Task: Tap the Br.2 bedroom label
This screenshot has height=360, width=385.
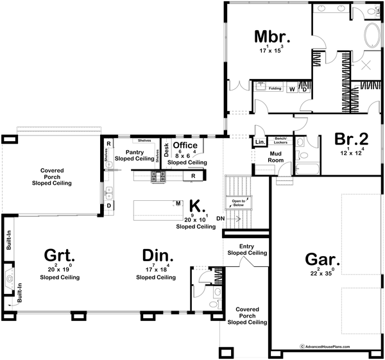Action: pos(352,139)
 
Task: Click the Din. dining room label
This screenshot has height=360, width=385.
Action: pos(155,254)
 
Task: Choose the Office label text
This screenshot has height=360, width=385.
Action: pos(185,146)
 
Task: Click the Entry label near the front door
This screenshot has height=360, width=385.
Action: pos(246,246)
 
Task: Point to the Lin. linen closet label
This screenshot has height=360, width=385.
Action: pos(260,141)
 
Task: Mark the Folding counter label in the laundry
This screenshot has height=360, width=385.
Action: pos(275,88)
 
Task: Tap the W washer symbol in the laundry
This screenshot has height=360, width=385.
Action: pos(292,89)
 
